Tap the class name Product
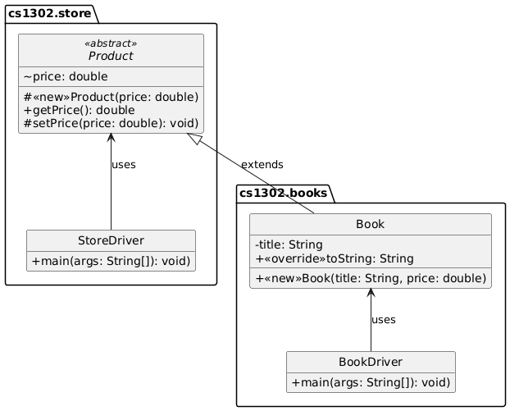(111, 56)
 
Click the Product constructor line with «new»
(111, 97)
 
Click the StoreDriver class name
(111, 240)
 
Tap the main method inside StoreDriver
(111, 262)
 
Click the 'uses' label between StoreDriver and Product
(123, 165)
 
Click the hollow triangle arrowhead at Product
(194, 138)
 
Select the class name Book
(371, 224)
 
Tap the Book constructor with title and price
(371, 279)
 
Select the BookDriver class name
(371, 362)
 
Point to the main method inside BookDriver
(371, 383)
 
